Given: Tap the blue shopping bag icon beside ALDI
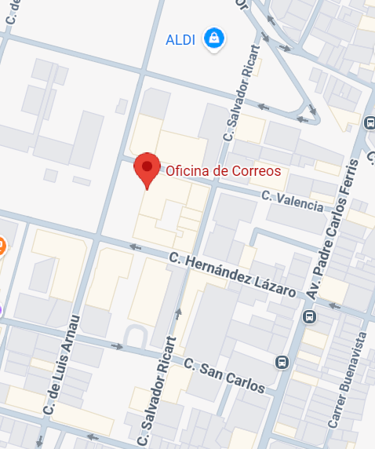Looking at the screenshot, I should click(x=213, y=38).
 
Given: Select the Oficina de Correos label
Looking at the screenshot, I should click(x=222, y=170).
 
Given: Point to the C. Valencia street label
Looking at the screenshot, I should click(x=292, y=200).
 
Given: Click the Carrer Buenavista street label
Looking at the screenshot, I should click(x=348, y=379).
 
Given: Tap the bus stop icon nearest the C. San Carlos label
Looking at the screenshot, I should click(x=282, y=363).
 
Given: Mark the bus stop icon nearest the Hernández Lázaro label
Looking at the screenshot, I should click(x=310, y=317).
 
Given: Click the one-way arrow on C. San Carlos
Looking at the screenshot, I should click(x=118, y=346).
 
